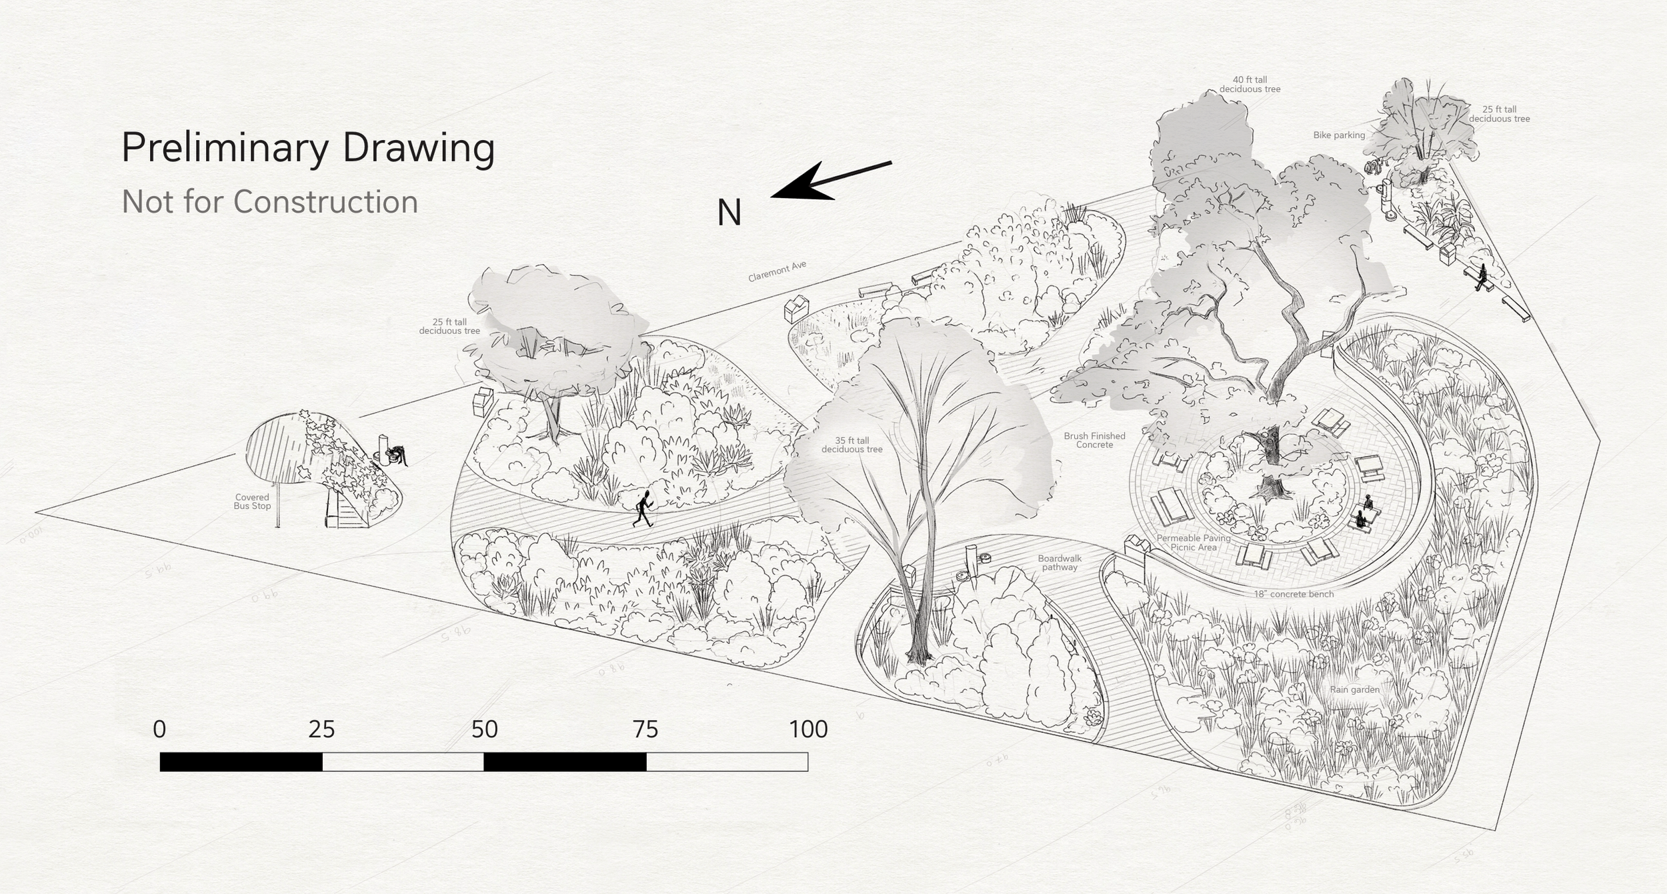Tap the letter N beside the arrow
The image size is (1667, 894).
pyautogui.click(x=729, y=213)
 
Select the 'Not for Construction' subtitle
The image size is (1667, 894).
pyautogui.click(x=269, y=201)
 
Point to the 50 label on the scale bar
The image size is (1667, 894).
pyautogui.click(x=484, y=730)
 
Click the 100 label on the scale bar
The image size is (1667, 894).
pyautogui.click(x=808, y=730)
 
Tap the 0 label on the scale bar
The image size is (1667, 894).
pyautogui.click(x=159, y=730)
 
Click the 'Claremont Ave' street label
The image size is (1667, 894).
pyautogui.click(x=777, y=271)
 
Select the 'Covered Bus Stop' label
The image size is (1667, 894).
pyautogui.click(x=252, y=501)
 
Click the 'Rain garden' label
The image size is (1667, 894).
pyautogui.click(x=1354, y=689)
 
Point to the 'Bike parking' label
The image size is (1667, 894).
pyautogui.click(x=1339, y=135)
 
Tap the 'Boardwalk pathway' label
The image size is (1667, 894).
pyautogui.click(x=1060, y=563)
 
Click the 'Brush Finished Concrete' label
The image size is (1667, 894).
pyautogui.click(x=1094, y=440)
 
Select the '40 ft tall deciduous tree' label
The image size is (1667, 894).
pyautogui.click(x=1250, y=85)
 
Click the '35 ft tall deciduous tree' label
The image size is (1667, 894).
pyautogui.click(x=852, y=445)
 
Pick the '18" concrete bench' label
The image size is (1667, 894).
pyautogui.click(x=1294, y=594)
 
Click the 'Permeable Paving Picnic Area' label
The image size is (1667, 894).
pyautogui.click(x=1194, y=543)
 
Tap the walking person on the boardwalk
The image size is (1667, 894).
pyautogui.click(x=643, y=509)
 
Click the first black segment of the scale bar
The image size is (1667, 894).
pyautogui.click(x=241, y=762)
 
